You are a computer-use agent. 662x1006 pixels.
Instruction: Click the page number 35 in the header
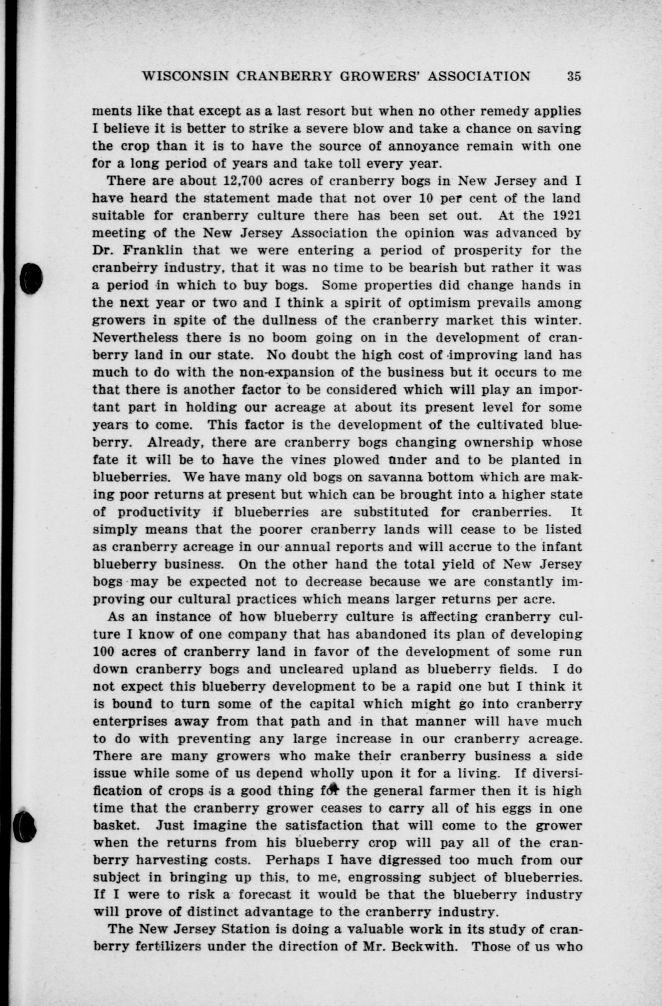click(x=574, y=76)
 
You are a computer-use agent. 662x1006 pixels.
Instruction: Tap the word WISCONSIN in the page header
click(x=185, y=76)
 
